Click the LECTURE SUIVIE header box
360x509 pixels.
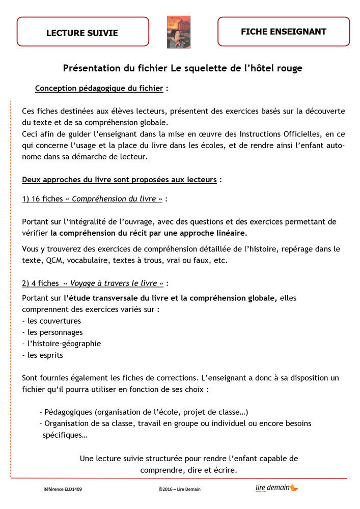coord(82,33)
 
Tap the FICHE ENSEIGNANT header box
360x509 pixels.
coord(284,32)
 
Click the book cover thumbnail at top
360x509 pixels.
coord(178,32)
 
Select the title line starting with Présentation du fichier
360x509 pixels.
coord(182,68)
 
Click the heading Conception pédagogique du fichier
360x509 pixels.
coord(99,89)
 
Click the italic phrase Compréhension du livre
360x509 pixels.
coord(114,199)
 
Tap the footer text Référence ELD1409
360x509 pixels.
coord(63,489)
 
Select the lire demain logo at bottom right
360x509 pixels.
coord(276,488)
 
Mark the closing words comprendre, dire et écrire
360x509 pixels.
coord(188,470)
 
